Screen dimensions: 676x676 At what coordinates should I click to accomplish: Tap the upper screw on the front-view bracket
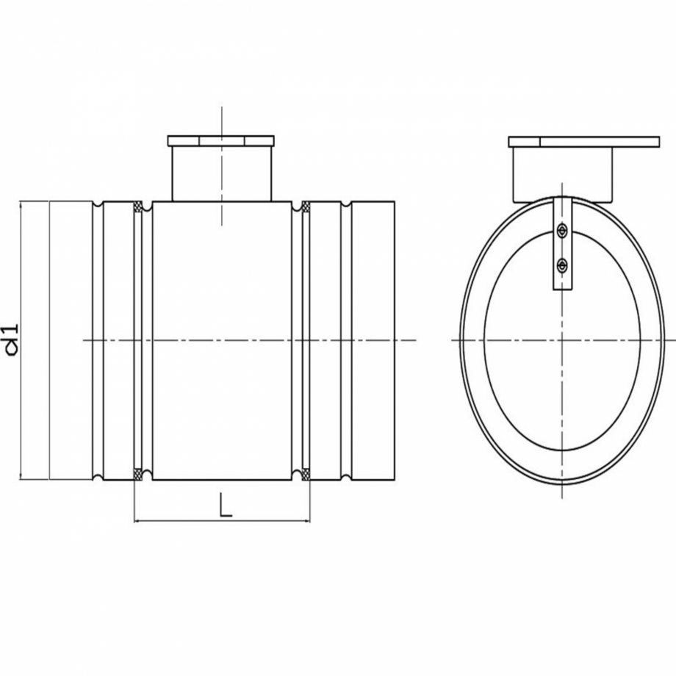point(562,231)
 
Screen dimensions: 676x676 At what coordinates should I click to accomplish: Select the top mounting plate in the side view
point(220,140)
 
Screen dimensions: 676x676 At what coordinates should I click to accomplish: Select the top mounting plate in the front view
point(584,141)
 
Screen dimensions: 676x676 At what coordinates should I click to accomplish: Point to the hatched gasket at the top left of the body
point(138,207)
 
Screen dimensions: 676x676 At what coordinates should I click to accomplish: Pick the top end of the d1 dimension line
point(21,202)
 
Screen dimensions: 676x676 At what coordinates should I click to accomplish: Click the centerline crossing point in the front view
point(562,340)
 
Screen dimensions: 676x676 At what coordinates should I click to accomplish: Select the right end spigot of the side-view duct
point(373,340)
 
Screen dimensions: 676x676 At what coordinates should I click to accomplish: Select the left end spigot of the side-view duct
point(71,340)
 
